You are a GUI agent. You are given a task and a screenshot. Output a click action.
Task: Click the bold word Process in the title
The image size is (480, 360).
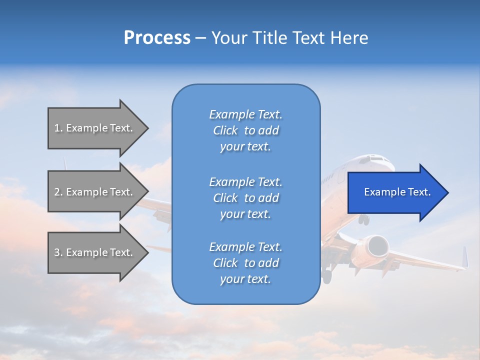pyautogui.click(x=157, y=38)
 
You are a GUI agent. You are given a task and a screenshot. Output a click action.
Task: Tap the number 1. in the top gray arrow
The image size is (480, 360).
pyautogui.click(x=58, y=128)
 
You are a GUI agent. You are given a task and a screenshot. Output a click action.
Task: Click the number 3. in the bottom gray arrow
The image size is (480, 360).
pyautogui.click(x=58, y=252)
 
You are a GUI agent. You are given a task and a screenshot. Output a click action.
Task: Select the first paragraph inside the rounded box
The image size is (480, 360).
pyautogui.click(x=245, y=130)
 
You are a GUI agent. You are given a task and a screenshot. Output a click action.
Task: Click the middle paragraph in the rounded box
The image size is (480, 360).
pyautogui.click(x=245, y=198)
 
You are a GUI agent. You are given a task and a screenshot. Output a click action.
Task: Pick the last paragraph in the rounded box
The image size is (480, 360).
pyautogui.click(x=245, y=263)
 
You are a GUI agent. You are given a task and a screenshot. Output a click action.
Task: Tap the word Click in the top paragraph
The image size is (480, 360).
pyautogui.click(x=225, y=130)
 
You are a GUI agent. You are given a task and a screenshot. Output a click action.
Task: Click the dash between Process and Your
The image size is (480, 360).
pyautogui.click(x=200, y=38)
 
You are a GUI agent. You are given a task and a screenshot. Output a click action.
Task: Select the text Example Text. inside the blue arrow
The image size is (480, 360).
pyautogui.click(x=397, y=192)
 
